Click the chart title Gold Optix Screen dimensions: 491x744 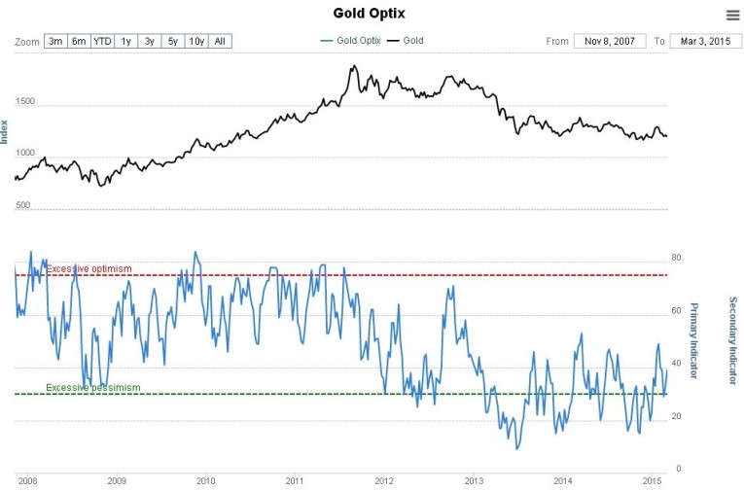pos(371,13)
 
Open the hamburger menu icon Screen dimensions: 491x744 pos(731,15)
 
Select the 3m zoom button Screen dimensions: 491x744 pos(55,41)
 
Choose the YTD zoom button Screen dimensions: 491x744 pos(103,41)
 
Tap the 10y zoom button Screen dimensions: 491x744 pos(196,41)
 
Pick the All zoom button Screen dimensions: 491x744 pos(220,41)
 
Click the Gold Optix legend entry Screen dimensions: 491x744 pos(351,41)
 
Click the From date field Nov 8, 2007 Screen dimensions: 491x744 pos(610,41)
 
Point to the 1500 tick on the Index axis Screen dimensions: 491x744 pos(25,101)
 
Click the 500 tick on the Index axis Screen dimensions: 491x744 pos(22,205)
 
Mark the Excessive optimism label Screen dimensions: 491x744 pos(89,268)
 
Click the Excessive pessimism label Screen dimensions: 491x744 pos(93,388)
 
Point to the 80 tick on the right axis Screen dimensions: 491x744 pos(677,259)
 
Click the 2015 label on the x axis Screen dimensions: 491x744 pos(653,480)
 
